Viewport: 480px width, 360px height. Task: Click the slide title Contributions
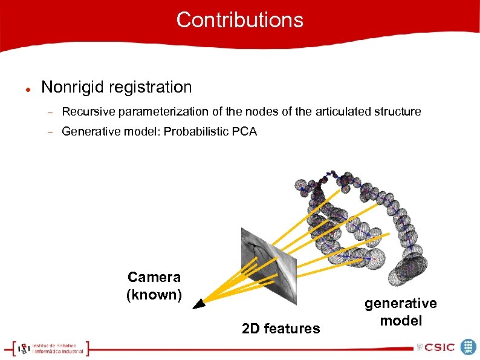click(x=239, y=20)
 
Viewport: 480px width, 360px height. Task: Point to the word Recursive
click(x=87, y=111)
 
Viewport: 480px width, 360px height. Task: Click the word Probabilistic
click(x=197, y=131)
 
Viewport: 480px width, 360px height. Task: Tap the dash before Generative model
click(x=51, y=132)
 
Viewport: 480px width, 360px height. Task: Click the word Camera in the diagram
click(x=154, y=277)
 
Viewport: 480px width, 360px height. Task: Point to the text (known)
click(x=154, y=295)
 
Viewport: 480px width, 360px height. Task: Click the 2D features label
click(x=281, y=329)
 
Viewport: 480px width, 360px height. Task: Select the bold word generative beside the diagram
click(x=400, y=303)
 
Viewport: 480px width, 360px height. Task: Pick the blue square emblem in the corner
click(x=469, y=347)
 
